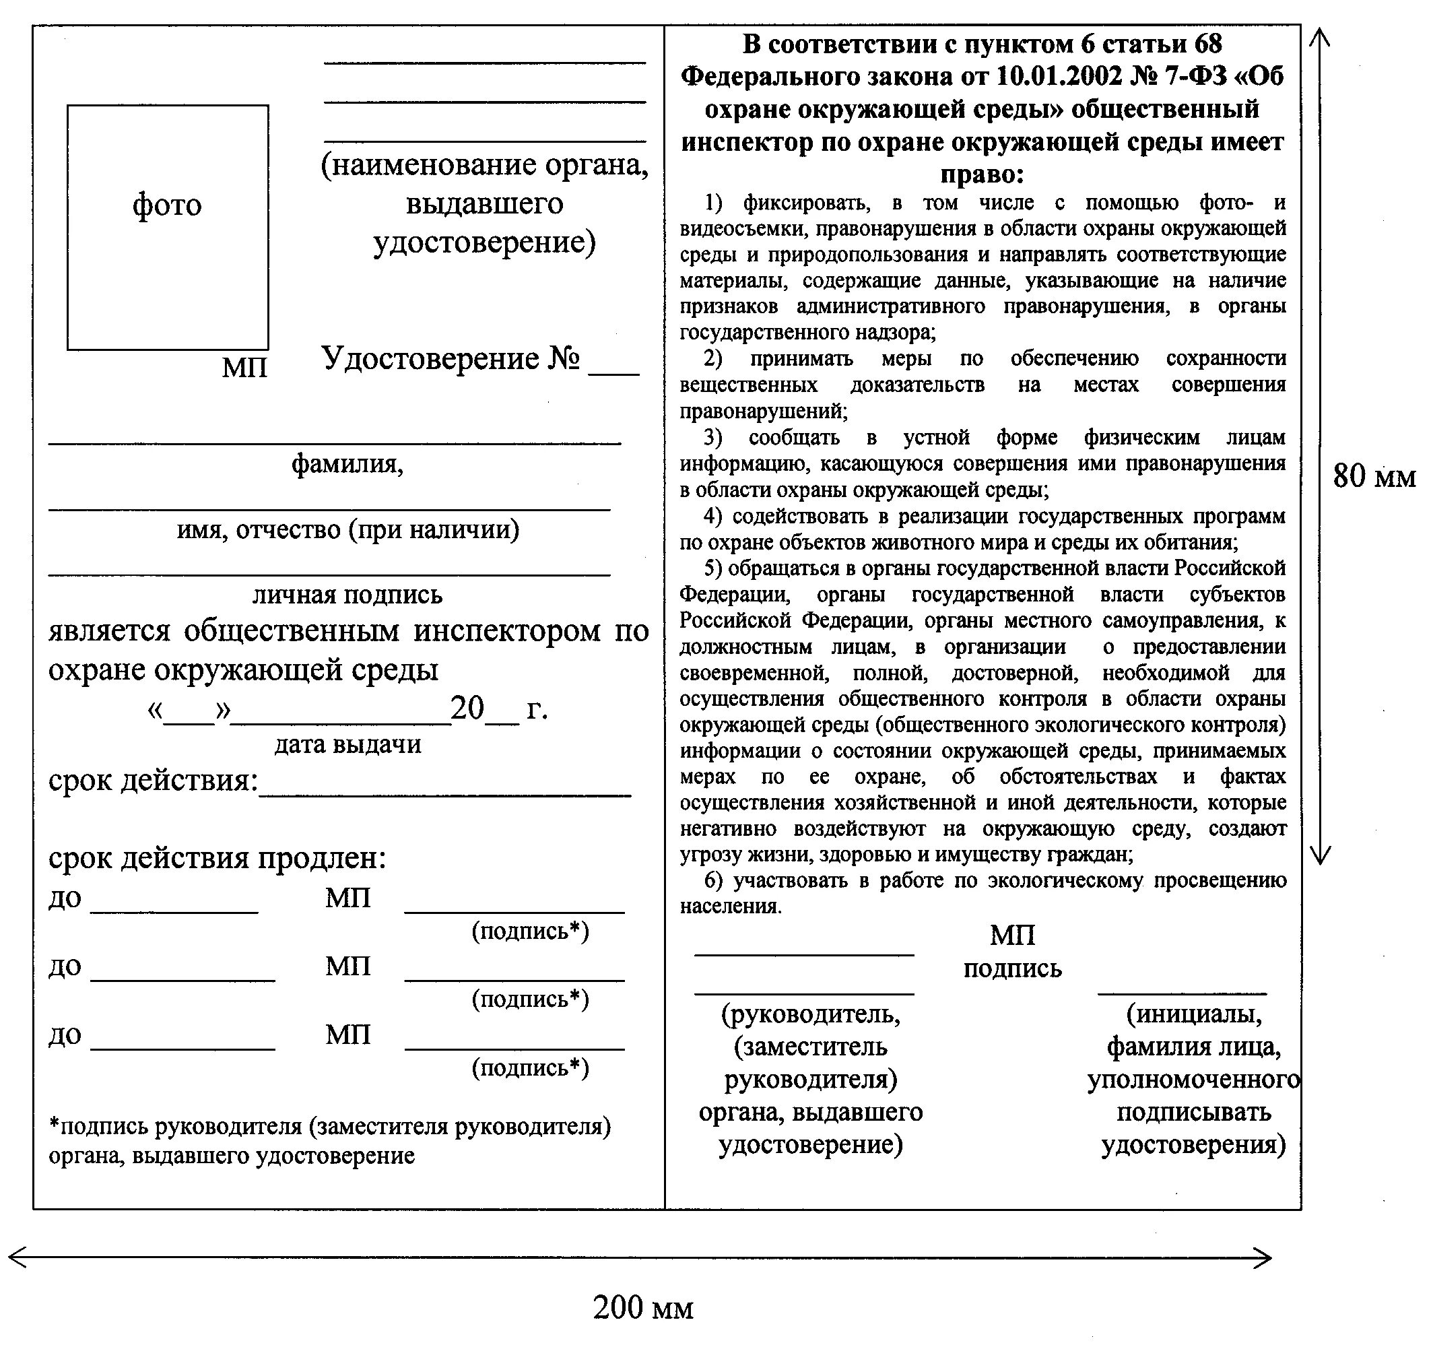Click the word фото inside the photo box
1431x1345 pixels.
click(167, 205)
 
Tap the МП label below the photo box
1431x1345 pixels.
click(244, 368)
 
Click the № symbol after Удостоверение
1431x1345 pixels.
click(564, 358)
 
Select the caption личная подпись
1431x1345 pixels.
click(347, 595)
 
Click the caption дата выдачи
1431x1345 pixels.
click(347, 744)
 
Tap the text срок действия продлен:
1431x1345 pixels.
click(217, 857)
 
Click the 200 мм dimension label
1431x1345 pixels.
click(643, 1307)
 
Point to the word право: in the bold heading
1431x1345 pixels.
click(982, 174)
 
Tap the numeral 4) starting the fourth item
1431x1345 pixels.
click(712, 517)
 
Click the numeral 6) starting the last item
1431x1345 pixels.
click(712, 880)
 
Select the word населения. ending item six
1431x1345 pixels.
click(731, 907)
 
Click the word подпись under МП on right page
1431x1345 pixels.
click(1012, 969)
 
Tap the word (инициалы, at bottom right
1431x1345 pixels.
click(1193, 1014)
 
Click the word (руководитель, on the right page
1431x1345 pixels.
click(811, 1014)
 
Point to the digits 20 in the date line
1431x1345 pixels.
click(467, 709)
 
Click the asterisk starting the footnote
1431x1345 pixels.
click(53, 1124)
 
